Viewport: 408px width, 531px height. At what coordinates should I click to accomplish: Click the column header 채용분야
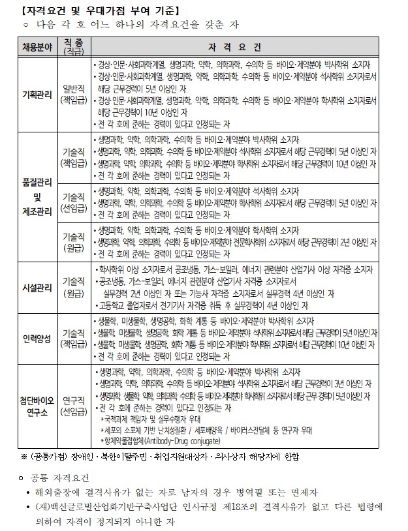pos(37,48)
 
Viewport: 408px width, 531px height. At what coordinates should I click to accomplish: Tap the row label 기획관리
pos(37,93)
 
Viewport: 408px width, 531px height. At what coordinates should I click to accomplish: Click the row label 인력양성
pos(37,339)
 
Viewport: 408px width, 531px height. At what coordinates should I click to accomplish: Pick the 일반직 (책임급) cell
pos(73,93)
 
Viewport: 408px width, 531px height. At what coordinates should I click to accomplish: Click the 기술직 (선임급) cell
pos(73,203)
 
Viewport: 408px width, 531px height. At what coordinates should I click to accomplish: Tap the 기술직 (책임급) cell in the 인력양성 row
pos(73,339)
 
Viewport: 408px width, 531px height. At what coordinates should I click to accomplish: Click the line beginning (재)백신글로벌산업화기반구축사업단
pos(208,508)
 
